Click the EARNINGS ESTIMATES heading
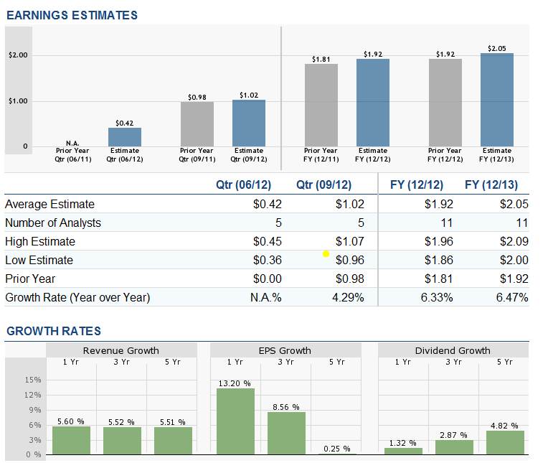(x=72, y=15)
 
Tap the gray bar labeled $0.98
(x=197, y=123)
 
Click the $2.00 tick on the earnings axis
(x=18, y=55)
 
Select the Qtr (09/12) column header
(x=323, y=185)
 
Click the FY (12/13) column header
(x=491, y=185)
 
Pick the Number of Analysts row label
(x=53, y=223)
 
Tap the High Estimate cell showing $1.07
(x=350, y=241)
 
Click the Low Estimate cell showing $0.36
(x=268, y=260)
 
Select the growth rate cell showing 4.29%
(x=349, y=297)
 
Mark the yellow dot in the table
(x=326, y=253)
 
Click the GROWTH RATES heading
(x=54, y=331)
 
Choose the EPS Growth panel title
(x=285, y=350)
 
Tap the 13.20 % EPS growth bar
(x=235, y=421)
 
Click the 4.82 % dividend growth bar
(x=505, y=441)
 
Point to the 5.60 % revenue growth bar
(x=71, y=440)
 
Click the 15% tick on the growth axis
(x=34, y=380)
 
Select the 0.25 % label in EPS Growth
(x=336, y=449)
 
